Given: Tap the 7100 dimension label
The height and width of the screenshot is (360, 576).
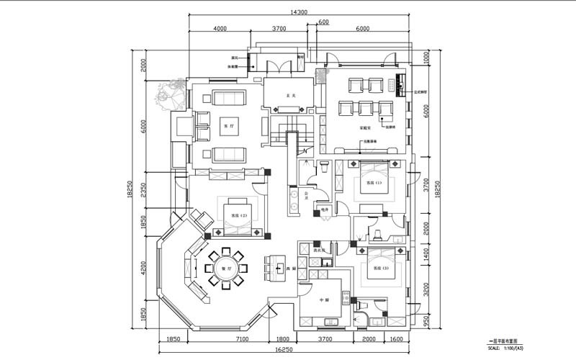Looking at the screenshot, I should click(x=242, y=339).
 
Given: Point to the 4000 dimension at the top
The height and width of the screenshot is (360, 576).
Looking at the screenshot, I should click(x=220, y=29).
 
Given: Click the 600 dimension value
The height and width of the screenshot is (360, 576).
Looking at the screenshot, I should click(x=323, y=22).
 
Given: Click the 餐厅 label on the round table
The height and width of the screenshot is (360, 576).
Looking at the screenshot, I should click(x=225, y=268).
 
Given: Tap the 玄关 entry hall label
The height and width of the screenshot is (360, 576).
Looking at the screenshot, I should click(x=289, y=95).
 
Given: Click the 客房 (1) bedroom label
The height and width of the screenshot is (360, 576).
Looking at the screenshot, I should click(x=374, y=184).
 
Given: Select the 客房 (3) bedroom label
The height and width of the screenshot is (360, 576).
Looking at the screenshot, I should click(x=380, y=267).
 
